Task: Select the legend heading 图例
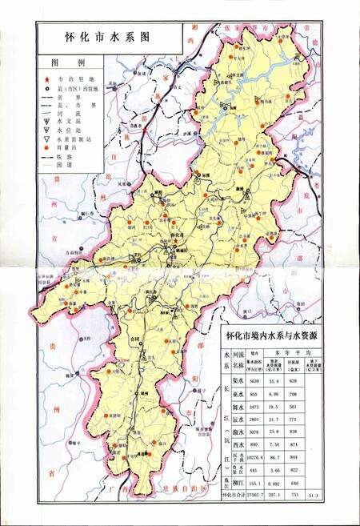coord(62,62)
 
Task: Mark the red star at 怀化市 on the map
coord(174,241)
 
